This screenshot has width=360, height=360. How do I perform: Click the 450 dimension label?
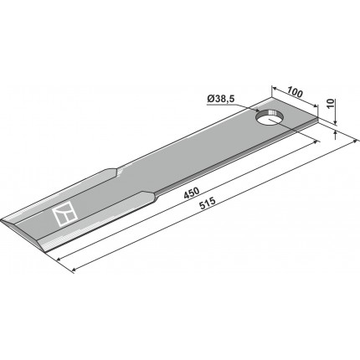192,193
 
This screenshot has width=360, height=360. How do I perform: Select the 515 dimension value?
207,203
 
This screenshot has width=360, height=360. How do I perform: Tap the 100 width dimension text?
295,92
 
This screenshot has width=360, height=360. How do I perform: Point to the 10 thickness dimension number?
330,104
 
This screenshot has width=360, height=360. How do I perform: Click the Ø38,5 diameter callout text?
220,99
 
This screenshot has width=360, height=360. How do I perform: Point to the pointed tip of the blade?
1,220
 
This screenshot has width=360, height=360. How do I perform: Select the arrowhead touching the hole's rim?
257,111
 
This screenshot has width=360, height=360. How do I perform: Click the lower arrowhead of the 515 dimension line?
74,270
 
